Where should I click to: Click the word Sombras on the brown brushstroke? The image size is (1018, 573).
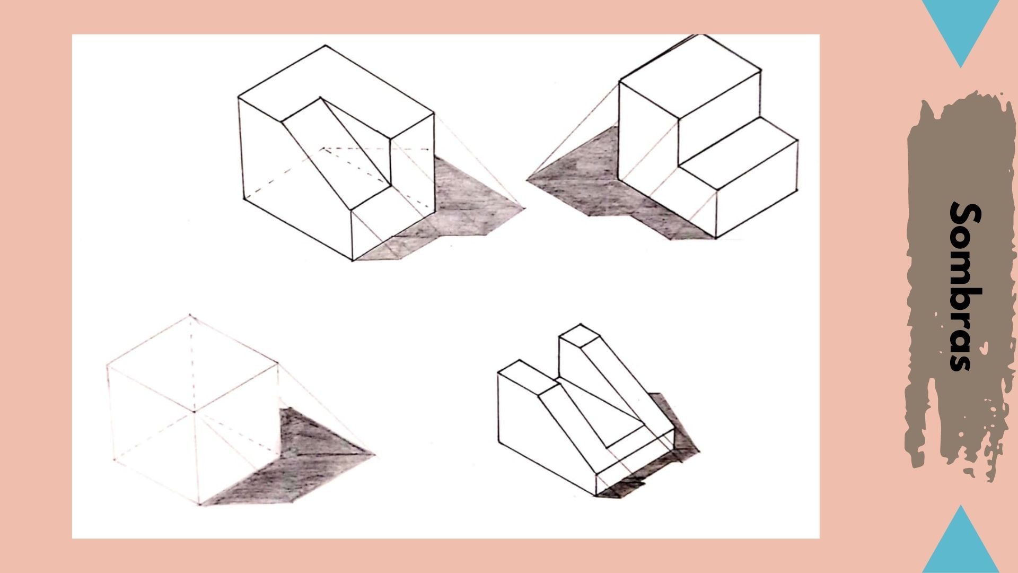(964, 286)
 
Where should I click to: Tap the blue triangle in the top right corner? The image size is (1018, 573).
(961, 27)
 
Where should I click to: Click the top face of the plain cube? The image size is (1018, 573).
(192, 363)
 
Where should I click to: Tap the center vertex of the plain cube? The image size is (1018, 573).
(194, 411)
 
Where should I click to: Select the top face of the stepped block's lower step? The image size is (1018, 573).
(740, 154)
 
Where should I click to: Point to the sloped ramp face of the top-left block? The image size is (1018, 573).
(339, 154)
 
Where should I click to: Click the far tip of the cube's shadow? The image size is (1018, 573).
(374, 454)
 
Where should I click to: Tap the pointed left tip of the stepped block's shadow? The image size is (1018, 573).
(528, 180)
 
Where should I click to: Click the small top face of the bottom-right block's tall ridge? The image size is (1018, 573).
(579, 334)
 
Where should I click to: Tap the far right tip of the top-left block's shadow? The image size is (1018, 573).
(524, 208)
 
